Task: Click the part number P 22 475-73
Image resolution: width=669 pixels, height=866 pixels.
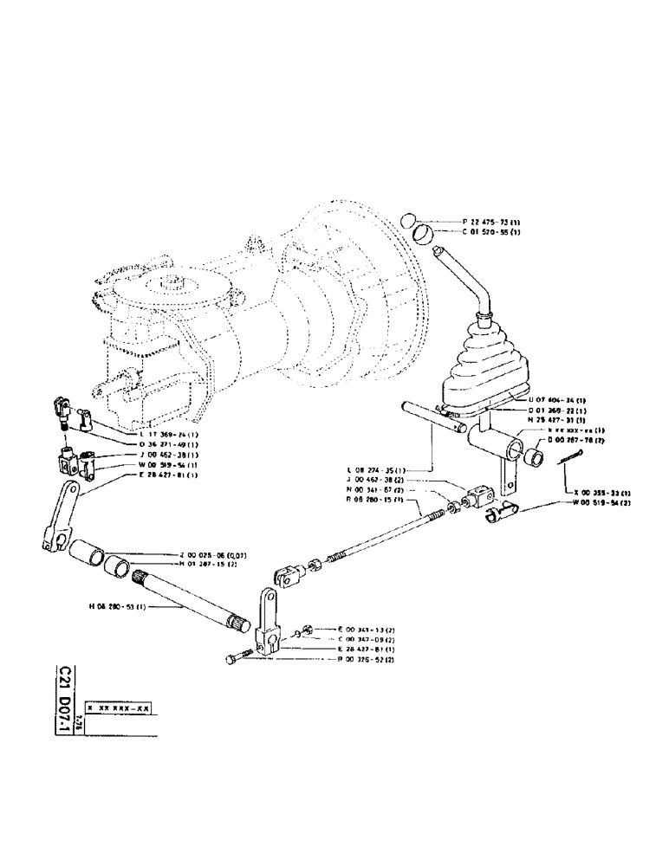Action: [481, 222]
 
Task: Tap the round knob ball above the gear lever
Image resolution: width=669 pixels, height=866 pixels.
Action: [413, 219]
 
